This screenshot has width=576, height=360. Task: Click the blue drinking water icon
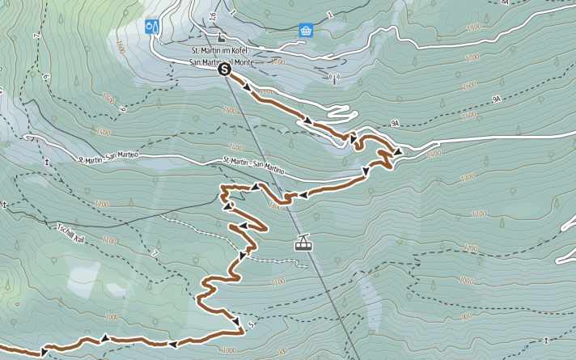point(151,27)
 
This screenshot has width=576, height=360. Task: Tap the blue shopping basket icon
point(306,31)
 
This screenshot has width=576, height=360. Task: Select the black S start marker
point(225,70)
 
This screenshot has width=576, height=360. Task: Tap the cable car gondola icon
point(303,242)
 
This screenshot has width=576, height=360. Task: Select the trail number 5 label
point(251,326)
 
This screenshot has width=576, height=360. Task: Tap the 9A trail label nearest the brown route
point(395,124)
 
